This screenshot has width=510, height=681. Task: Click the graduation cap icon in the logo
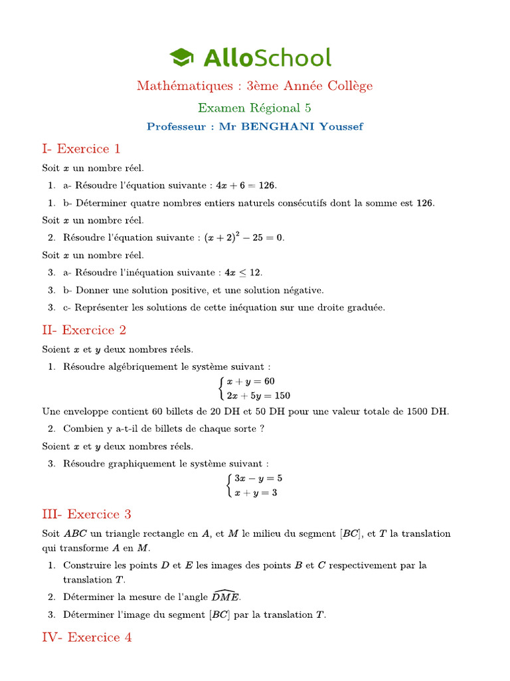pos(181,57)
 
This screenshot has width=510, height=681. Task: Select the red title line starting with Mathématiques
pos(255,86)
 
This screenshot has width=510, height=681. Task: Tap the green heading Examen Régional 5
pos(255,108)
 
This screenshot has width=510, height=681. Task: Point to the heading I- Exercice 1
pos(81,148)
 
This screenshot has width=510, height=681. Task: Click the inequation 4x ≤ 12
pos(244,273)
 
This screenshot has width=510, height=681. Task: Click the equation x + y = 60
pos(250,381)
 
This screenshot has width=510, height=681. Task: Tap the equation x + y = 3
pos(255,493)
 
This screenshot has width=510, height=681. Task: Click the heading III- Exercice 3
pos(86,514)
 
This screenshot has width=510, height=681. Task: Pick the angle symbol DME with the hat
pos(226,597)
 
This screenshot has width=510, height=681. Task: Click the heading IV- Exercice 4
pos(86,637)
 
